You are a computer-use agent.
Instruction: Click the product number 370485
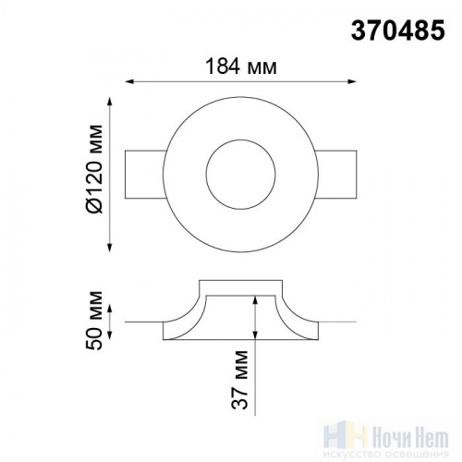pos(398,30)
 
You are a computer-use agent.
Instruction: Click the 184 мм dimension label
pos(241,67)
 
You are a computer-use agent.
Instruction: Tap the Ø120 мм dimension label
pos(94,169)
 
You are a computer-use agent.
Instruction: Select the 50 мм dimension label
pos(94,320)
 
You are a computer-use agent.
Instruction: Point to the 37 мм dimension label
pos(239,380)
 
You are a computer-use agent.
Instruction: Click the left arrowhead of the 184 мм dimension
pos(129,81)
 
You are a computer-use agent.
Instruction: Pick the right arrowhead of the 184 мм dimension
pos(352,81)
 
